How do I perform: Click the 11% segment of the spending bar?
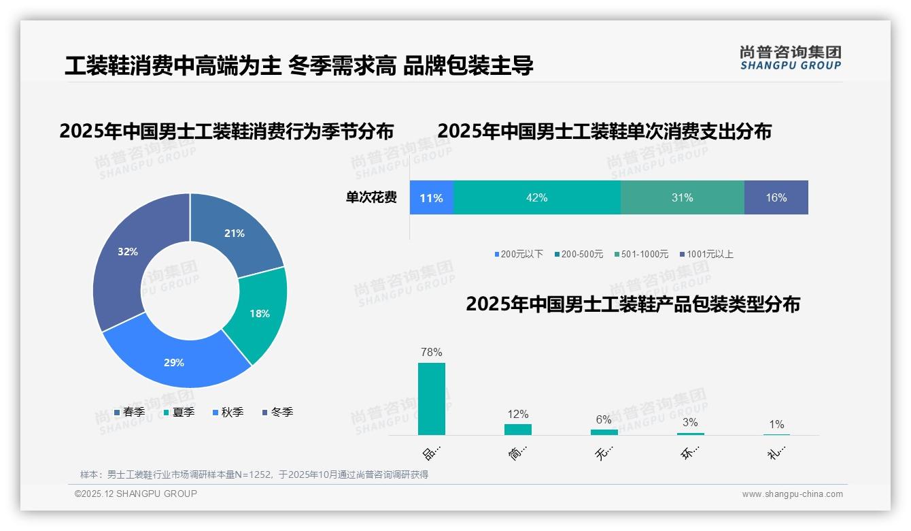432,198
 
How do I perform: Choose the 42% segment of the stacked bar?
536,198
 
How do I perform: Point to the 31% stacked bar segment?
682,198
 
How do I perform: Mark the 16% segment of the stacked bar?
776,198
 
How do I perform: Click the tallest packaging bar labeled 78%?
432,399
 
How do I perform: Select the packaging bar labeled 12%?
518,430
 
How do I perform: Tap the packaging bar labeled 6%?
604,432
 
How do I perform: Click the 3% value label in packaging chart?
690,423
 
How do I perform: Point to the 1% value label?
776,425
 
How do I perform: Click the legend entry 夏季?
183,413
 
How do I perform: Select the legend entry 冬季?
281,413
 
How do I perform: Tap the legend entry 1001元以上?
709,255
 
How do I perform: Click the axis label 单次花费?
371,198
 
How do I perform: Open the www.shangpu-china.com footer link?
792,494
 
